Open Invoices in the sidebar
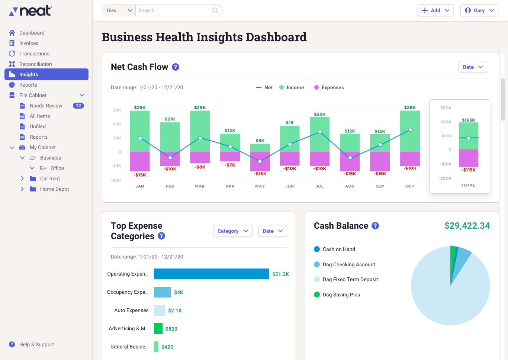point(29,43)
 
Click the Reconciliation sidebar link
point(35,64)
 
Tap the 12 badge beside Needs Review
point(78,106)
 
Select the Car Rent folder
point(50,179)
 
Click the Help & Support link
point(36,344)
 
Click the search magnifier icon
point(215,10)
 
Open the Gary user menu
point(479,10)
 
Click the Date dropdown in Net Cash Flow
point(472,67)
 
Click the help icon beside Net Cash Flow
point(176,67)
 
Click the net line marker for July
point(320,132)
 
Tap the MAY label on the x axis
point(260,186)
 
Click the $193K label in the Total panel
point(469,120)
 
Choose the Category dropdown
point(232,231)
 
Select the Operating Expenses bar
point(211,274)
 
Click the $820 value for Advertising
point(171,329)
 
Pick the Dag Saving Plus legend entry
point(341,295)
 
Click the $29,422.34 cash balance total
point(467,226)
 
